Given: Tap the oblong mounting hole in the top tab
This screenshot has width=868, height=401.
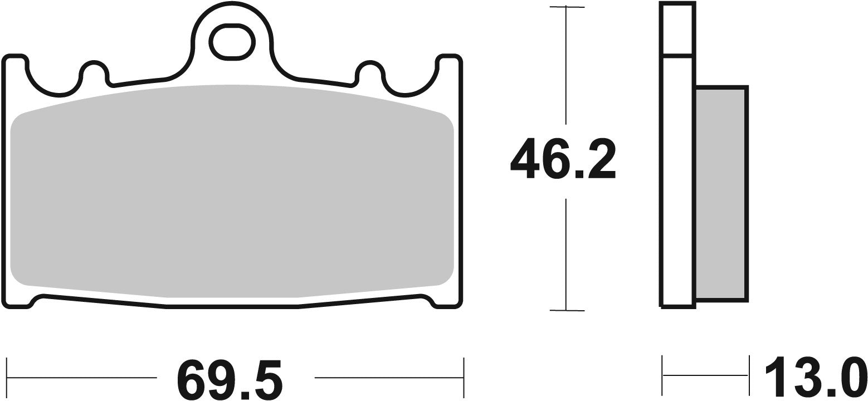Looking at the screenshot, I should point(231,42).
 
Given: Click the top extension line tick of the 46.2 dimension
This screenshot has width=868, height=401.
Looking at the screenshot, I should point(567,7).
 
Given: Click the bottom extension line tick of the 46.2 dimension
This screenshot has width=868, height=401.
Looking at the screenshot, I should point(567,310).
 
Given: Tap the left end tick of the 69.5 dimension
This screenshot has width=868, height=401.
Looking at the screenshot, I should point(7,377).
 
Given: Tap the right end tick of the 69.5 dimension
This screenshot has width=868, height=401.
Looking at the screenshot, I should point(464,377).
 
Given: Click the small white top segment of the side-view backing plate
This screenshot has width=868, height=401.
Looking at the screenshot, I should point(677,29).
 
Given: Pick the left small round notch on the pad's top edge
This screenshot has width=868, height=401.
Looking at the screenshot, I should point(94,71).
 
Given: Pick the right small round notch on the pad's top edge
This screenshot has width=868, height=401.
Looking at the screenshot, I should point(369,71).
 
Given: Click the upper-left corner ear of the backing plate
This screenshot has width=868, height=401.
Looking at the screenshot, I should point(16,62).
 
